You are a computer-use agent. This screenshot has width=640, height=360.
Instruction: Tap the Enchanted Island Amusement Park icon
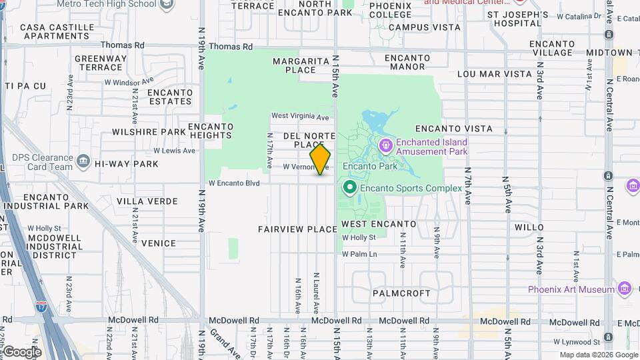click(x=385, y=145)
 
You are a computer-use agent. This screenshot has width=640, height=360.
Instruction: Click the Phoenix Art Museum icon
click(x=625, y=289)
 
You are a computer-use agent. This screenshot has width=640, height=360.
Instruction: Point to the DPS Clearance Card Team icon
click(x=83, y=161)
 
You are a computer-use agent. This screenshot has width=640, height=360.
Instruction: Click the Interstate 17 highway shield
click(x=41, y=307)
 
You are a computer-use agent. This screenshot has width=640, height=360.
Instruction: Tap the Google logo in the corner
click(x=21, y=352)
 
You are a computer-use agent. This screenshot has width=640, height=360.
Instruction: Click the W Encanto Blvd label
click(x=233, y=183)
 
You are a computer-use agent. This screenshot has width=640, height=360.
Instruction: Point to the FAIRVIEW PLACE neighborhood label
click(x=298, y=229)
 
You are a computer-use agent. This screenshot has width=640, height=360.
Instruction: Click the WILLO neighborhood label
click(x=529, y=227)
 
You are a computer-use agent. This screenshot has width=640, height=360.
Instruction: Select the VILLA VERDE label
click(x=147, y=201)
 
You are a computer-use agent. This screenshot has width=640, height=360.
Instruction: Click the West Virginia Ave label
click(x=300, y=117)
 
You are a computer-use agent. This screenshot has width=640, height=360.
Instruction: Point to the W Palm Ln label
click(x=359, y=254)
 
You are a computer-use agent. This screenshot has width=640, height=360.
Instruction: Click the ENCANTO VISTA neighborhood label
click(x=454, y=129)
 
